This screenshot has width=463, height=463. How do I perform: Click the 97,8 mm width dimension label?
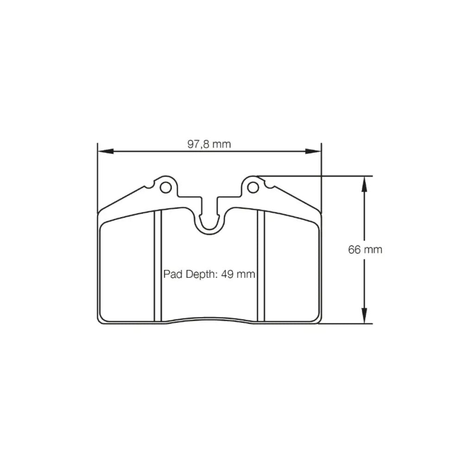pos(209,144)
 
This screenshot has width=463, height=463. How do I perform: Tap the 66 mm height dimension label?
pos(365,250)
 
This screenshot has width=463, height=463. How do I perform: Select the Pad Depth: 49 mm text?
pos(209,274)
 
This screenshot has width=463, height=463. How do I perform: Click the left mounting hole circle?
pos(165,188)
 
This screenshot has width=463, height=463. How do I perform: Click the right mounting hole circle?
pos(252,188)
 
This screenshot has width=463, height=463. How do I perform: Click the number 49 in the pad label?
pos(227,274)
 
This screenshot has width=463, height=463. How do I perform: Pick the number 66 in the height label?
pos(355,250)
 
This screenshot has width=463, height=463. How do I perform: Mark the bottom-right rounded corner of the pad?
pos(318,320)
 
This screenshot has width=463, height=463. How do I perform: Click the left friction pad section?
pos(127,269)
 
